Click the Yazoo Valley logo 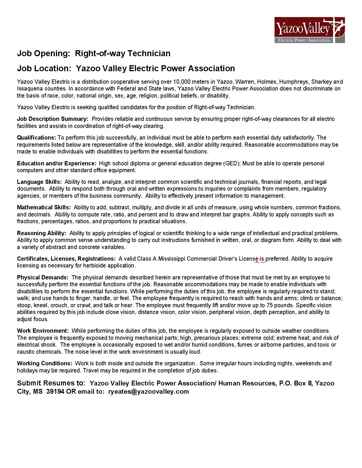tap(309, 30)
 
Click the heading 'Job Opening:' tap(43, 53)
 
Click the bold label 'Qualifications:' tap(37, 138)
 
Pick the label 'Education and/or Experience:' tap(57, 163)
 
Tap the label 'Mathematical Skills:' tap(44, 207)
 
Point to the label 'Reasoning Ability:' tap(42, 233)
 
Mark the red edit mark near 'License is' tap(260, 261)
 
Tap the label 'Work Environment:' tap(43, 331)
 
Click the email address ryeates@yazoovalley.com tap(148, 392)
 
